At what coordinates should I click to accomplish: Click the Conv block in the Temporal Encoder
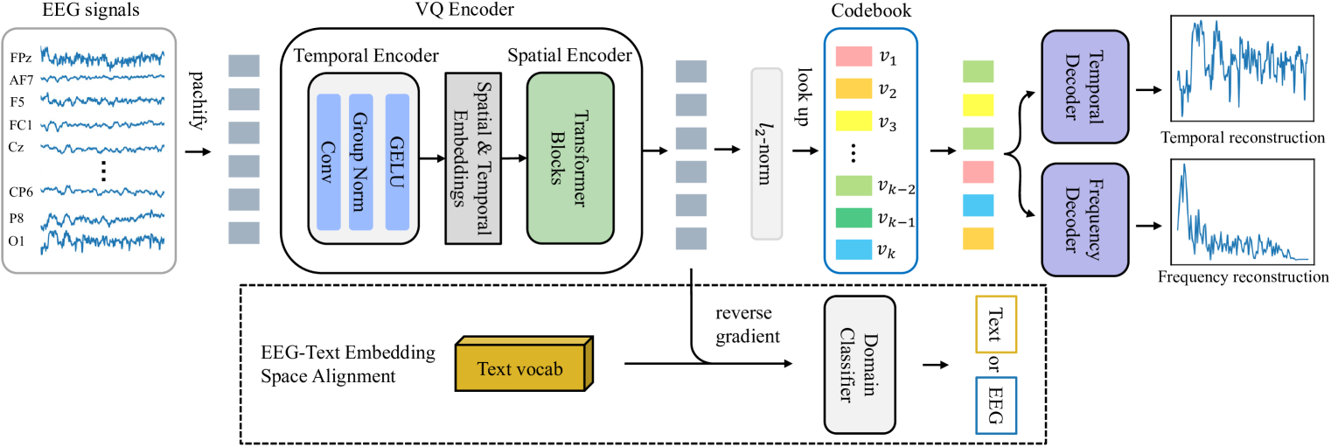330,162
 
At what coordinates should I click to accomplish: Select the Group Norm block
361,162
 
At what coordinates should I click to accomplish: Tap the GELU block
397,162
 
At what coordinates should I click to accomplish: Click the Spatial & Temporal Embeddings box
472,157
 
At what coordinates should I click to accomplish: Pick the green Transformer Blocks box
569,157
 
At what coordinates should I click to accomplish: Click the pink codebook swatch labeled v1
854,59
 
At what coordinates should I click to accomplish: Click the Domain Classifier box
860,364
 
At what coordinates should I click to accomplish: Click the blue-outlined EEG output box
995,404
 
